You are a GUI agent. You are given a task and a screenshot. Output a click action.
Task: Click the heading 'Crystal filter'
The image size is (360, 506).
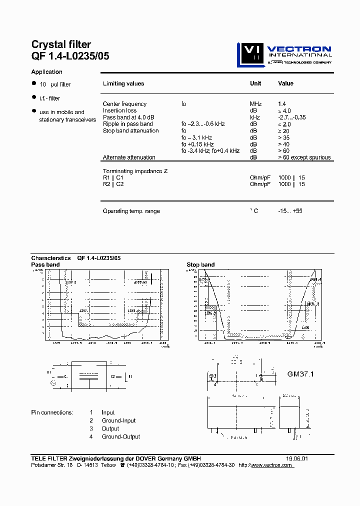tap(61, 45)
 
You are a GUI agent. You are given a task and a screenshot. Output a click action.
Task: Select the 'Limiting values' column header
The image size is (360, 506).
tap(123, 84)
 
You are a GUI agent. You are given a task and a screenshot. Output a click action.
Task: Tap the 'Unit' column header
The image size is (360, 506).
tap(255, 83)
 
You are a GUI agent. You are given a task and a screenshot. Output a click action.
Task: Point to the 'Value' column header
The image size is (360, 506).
tap(285, 83)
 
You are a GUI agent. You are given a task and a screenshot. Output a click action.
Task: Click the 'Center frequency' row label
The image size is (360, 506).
tap(124, 104)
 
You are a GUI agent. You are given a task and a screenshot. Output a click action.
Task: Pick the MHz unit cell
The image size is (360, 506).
tap(255, 104)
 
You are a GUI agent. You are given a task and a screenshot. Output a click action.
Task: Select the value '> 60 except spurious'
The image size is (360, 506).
tap(304, 157)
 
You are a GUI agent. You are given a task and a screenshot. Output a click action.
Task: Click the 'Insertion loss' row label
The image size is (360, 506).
tap(119, 110)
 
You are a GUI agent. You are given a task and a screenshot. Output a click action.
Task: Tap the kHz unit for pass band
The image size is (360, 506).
tap(254, 117)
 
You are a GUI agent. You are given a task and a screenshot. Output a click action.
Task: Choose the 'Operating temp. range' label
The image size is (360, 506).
tap(131, 211)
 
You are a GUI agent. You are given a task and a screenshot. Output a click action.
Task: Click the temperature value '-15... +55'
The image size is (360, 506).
tap(290, 211)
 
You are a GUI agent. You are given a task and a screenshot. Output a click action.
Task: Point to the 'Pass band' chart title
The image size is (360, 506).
tap(45, 264)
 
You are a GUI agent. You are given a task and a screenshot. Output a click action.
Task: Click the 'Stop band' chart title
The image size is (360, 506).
tap(200, 264)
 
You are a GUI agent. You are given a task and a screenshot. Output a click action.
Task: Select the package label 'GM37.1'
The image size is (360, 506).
tap(300, 373)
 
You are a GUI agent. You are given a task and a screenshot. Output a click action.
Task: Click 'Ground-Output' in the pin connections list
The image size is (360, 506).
tap(120, 436)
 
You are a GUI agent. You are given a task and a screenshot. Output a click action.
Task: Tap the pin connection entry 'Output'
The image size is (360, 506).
tap(110, 428)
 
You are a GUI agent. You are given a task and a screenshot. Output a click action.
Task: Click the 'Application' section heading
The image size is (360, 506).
tap(47, 72)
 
